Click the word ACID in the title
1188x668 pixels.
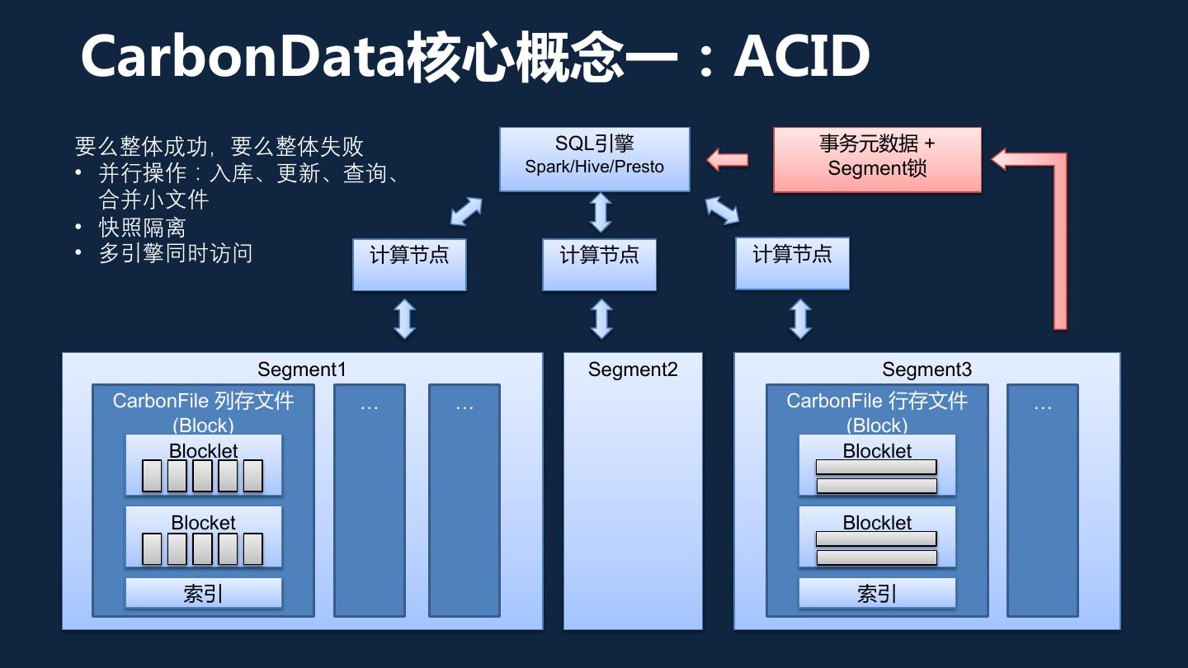[x=802, y=56]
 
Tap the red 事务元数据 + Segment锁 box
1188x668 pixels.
[x=877, y=158]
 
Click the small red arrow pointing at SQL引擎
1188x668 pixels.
[x=727, y=158]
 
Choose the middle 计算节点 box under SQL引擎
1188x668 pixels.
[x=599, y=264]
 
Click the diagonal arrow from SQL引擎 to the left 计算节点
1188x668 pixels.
[x=466, y=210]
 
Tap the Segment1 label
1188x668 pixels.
[x=301, y=369]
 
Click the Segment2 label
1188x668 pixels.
[x=633, y=369]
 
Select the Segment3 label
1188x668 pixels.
[x=926, y=369]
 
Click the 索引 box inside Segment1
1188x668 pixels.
[x=203, y=593]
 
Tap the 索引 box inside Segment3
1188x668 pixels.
[x=877, y=593]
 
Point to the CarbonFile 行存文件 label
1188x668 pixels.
[x=877, y=402]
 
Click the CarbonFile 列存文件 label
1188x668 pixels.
[x=203, y=402]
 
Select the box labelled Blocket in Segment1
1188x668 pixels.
[x=203, y=536]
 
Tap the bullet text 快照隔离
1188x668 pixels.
[x=142, y=228]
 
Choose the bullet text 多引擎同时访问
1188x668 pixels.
[x=175, y=253]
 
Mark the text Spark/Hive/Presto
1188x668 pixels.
[x=595, y=167]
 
